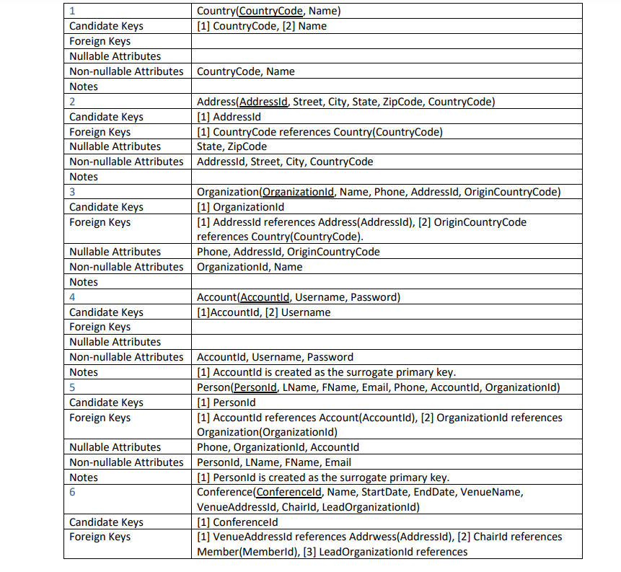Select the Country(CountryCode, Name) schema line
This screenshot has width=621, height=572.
(268, 11)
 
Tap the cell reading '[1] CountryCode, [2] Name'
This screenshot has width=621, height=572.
(261, 26)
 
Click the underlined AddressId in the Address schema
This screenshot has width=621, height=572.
(264, 102)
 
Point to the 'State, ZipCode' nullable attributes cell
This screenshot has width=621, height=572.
(232, 146)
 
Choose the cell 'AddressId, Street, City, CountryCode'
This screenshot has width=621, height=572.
(285, 162)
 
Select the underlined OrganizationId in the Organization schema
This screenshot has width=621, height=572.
(298, 192)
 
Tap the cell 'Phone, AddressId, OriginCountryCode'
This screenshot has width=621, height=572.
(288, 252)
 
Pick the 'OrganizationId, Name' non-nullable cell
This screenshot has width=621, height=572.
(250, 267)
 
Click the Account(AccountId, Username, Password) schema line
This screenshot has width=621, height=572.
(298, 297)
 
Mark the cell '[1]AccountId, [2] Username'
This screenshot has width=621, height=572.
(263, 312)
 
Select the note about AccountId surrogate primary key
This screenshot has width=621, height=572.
(326, 372)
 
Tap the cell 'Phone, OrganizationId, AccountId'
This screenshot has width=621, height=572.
(278, 447)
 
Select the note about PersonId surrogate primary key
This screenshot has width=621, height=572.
(322, 478)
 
